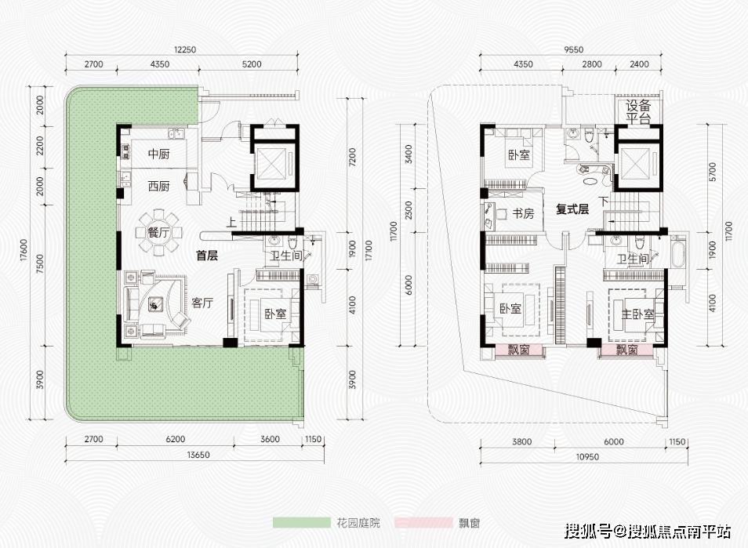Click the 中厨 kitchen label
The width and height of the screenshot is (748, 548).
(159, 154)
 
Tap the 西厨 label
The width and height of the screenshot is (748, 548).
(159, 186)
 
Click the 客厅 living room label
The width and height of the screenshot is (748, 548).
(203, 303)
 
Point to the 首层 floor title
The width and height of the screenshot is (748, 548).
(207, 255)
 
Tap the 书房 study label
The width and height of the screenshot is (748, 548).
(523, 213)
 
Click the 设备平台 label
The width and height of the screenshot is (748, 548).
(639, 113)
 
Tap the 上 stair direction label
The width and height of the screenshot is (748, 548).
(231, 222)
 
